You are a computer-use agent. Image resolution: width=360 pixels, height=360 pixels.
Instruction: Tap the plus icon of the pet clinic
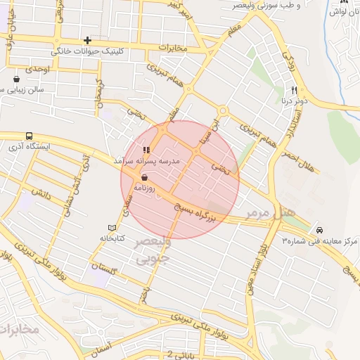click(87, 40)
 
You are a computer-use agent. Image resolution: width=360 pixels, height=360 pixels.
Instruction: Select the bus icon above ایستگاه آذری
click(29, 136)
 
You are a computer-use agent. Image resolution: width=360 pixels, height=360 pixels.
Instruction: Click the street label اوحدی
click(37, 70)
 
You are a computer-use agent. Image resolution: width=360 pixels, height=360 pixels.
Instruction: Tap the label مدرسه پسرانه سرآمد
click(147, 161)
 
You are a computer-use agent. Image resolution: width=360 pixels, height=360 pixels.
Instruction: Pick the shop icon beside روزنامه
click(144, 178)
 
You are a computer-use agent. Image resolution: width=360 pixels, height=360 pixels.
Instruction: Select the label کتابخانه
click(111, 239)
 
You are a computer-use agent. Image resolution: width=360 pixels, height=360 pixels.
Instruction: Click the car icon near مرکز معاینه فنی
click(319, 230)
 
